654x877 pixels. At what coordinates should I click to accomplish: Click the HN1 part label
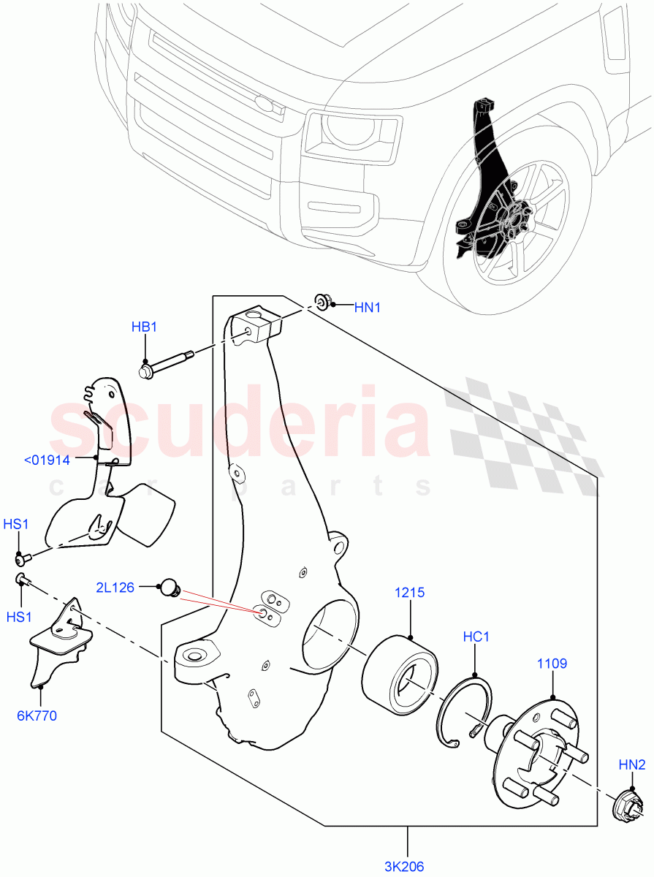(x=368, y=308)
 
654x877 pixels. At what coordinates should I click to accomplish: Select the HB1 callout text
(x=144, y=327)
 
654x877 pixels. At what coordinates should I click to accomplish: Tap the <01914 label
(x=47, y=460)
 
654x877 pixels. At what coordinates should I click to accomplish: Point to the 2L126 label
(x=115, y=586)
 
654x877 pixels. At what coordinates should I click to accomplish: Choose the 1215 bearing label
(x=410, y=593)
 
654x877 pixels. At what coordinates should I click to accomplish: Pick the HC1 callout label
(x=476, y=637)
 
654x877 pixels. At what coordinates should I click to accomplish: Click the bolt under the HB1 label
(x=167, y=364)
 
